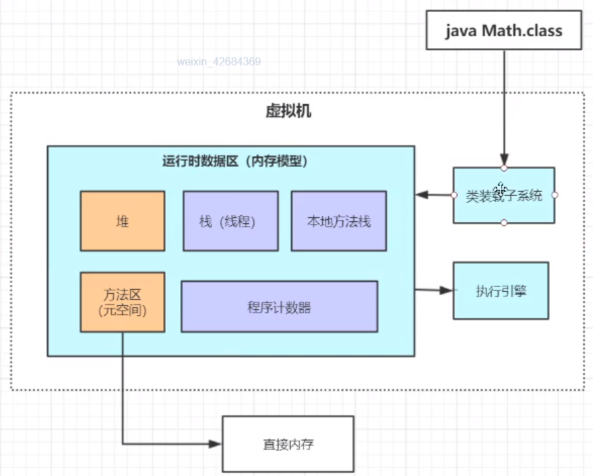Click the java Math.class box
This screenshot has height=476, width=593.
tap(504, 30)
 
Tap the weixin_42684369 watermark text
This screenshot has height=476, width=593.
tap(219, 61)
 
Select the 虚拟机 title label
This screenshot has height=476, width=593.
tap(288, 111)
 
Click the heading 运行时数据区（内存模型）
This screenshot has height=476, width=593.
tap(235, 161)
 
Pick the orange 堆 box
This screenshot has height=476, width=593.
tap(123, 221)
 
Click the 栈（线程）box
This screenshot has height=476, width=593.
tap(230, 221)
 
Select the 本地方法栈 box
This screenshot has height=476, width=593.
tap(339, 221)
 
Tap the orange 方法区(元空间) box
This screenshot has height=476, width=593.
tap(123, 302)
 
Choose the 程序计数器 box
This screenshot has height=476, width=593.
tap(280, 307)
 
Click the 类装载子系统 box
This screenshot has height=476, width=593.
tap(504, 196)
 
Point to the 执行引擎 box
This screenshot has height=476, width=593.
tap(501, 291)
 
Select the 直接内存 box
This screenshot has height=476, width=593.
tap(288, 444)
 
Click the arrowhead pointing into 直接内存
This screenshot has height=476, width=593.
tap(216, 444)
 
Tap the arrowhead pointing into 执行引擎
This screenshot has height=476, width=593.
tap(446, 290)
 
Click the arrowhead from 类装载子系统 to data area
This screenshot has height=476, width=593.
tap(422, 195)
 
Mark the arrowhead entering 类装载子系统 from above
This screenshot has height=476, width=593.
tap(504, 159)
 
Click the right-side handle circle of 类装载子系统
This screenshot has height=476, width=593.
tap(555, 196)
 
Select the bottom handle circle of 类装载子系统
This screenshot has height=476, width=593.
tap(504, 223)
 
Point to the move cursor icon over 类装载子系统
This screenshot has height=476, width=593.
tap(501, 188)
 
